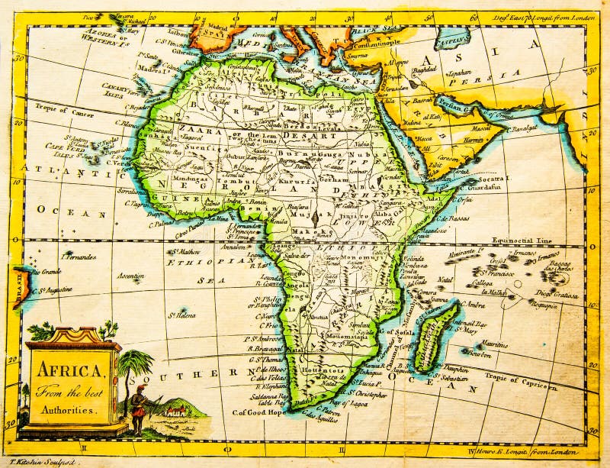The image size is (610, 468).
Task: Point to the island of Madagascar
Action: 436,336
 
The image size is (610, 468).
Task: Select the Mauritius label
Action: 494,344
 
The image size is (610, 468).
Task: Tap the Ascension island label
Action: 130,276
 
